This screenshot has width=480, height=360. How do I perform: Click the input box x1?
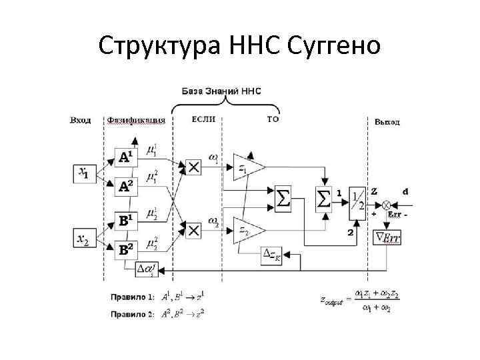83,173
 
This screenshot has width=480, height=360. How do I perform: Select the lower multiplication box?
193,230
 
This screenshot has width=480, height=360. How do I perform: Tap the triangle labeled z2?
246,230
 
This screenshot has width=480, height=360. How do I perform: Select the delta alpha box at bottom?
147,269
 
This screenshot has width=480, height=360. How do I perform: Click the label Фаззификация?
136,121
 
